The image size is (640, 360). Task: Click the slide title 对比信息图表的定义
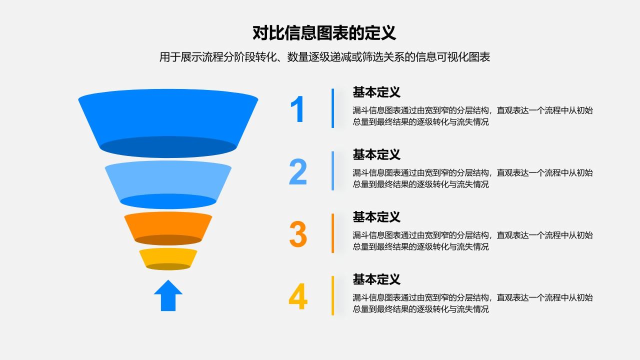click(x=324, y=33)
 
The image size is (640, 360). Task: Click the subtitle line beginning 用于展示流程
click(x=324, y=57)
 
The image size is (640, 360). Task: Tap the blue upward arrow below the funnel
click(x=168, y=296)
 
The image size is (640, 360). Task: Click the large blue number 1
click(x=297, y=109)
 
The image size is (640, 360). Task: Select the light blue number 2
click(x=297, y=171)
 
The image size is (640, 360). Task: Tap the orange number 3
click(x=297, y=234)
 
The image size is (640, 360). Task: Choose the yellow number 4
click(x=297, y=296)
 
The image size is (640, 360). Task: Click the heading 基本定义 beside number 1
click(x=376, y=92)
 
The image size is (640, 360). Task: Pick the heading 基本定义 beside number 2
click(x=376, y=155)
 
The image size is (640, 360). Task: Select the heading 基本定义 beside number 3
click(x=376, y=217)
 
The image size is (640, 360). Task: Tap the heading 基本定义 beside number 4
click(x=376, y=279)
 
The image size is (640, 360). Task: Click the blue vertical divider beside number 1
click(x=332, y=108)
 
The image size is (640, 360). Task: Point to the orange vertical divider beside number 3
click(x=332, y=233)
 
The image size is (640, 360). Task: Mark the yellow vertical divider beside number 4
click(x=332, y=295)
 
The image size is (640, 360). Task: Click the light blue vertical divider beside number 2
click(x=332, y=170)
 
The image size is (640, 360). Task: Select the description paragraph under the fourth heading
click(x=472, y=303)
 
